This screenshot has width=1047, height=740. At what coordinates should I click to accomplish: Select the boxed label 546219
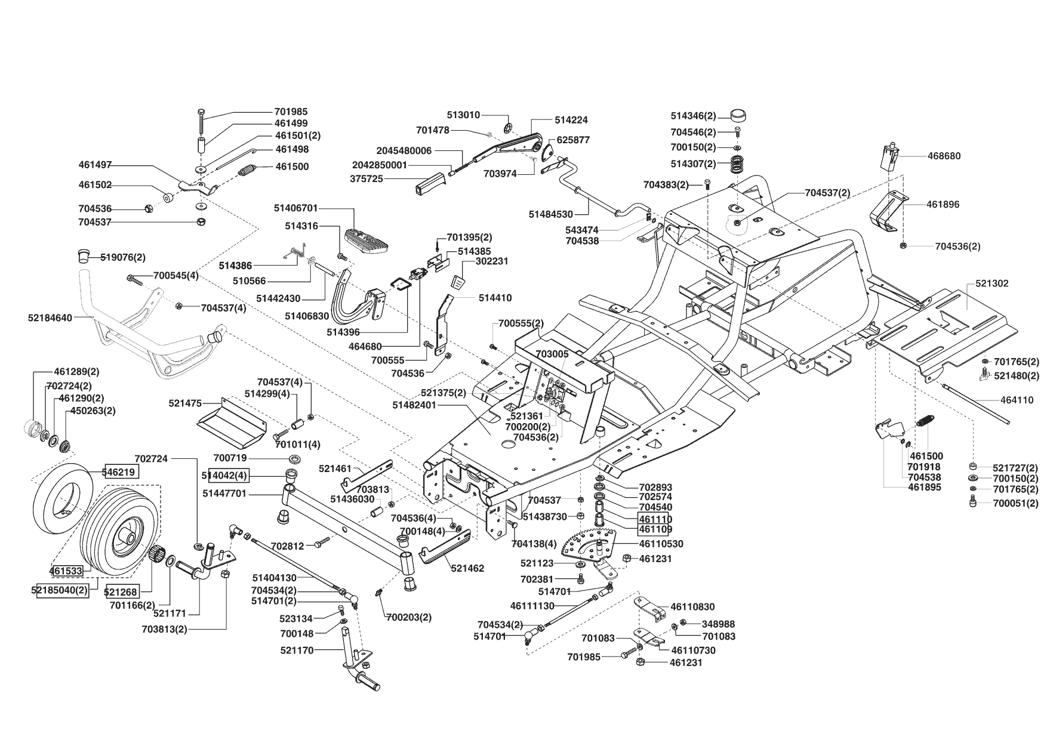tap(121, 472)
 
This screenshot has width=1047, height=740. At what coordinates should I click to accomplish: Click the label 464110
tap(1017, 400)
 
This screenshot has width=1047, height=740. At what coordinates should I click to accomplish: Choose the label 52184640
tap(50, 318)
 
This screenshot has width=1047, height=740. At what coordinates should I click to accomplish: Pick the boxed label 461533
tap(66, 571)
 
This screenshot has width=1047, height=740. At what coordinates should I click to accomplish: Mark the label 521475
tap(185, 404)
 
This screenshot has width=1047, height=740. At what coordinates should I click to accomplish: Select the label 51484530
tap(550, 214)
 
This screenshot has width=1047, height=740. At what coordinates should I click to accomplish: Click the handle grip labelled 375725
tap(430, 183)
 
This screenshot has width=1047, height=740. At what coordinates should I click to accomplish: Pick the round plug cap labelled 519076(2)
tap(83, 256)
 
